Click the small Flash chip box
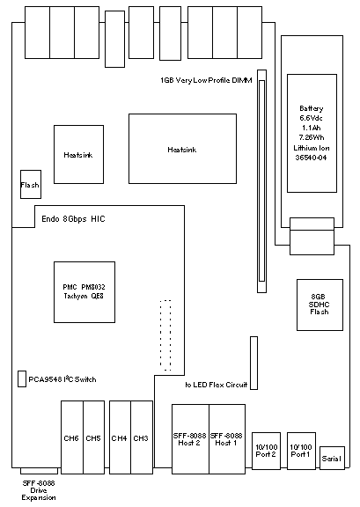pos(31,184)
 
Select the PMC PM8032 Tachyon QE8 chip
pos(84,292)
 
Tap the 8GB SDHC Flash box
pos(320,305)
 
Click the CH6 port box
pos(72,437)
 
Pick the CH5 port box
pos(94,437)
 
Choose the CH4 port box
pos(120,437)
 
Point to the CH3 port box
pos(142,437)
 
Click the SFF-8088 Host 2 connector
pos(190,439)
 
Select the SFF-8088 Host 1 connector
pos(227,439)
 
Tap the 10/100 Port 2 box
pos(266,451)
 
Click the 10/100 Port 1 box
pos(301,451)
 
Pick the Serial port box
pos(332,458)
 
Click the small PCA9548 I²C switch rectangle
pos(22,378)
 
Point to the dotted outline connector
pos(165,335)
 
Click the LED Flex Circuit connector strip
pos(253,363)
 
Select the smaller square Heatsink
pos(78,155)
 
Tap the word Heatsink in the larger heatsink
pos(182,150)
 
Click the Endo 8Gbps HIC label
pos(73,219)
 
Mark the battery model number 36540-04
pos(312,158)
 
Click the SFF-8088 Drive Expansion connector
pos(39,471)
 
